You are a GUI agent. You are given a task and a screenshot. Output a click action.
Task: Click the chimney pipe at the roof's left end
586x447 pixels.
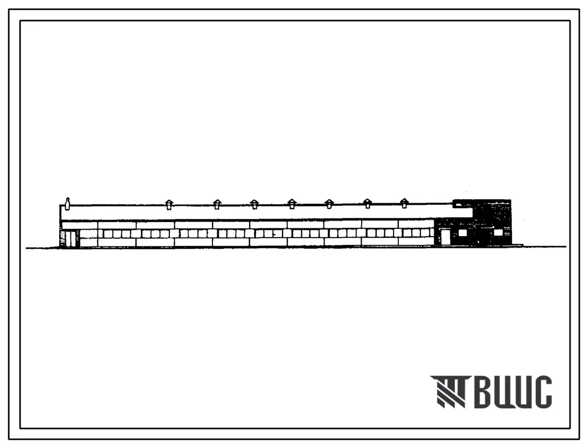(x=67, y=204)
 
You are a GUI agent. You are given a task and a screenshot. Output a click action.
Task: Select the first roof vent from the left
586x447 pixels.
(x=169, y=204)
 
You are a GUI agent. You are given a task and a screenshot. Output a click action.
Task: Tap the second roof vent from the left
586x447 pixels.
(x=217, y=204)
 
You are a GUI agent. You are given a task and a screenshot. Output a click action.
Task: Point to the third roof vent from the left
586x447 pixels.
(x=254, y=204)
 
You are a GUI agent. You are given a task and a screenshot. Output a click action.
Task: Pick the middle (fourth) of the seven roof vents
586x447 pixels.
(x=292, y=204)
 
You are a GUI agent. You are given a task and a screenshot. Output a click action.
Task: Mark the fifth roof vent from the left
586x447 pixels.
(x=329, y=204)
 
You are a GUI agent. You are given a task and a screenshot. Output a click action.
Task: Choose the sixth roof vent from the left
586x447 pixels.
(x=367, y=203)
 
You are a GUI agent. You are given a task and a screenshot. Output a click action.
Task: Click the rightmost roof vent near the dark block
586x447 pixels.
(x=404, y=203)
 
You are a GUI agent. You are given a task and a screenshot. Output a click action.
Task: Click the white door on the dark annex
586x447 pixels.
(x=446, y=237)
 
